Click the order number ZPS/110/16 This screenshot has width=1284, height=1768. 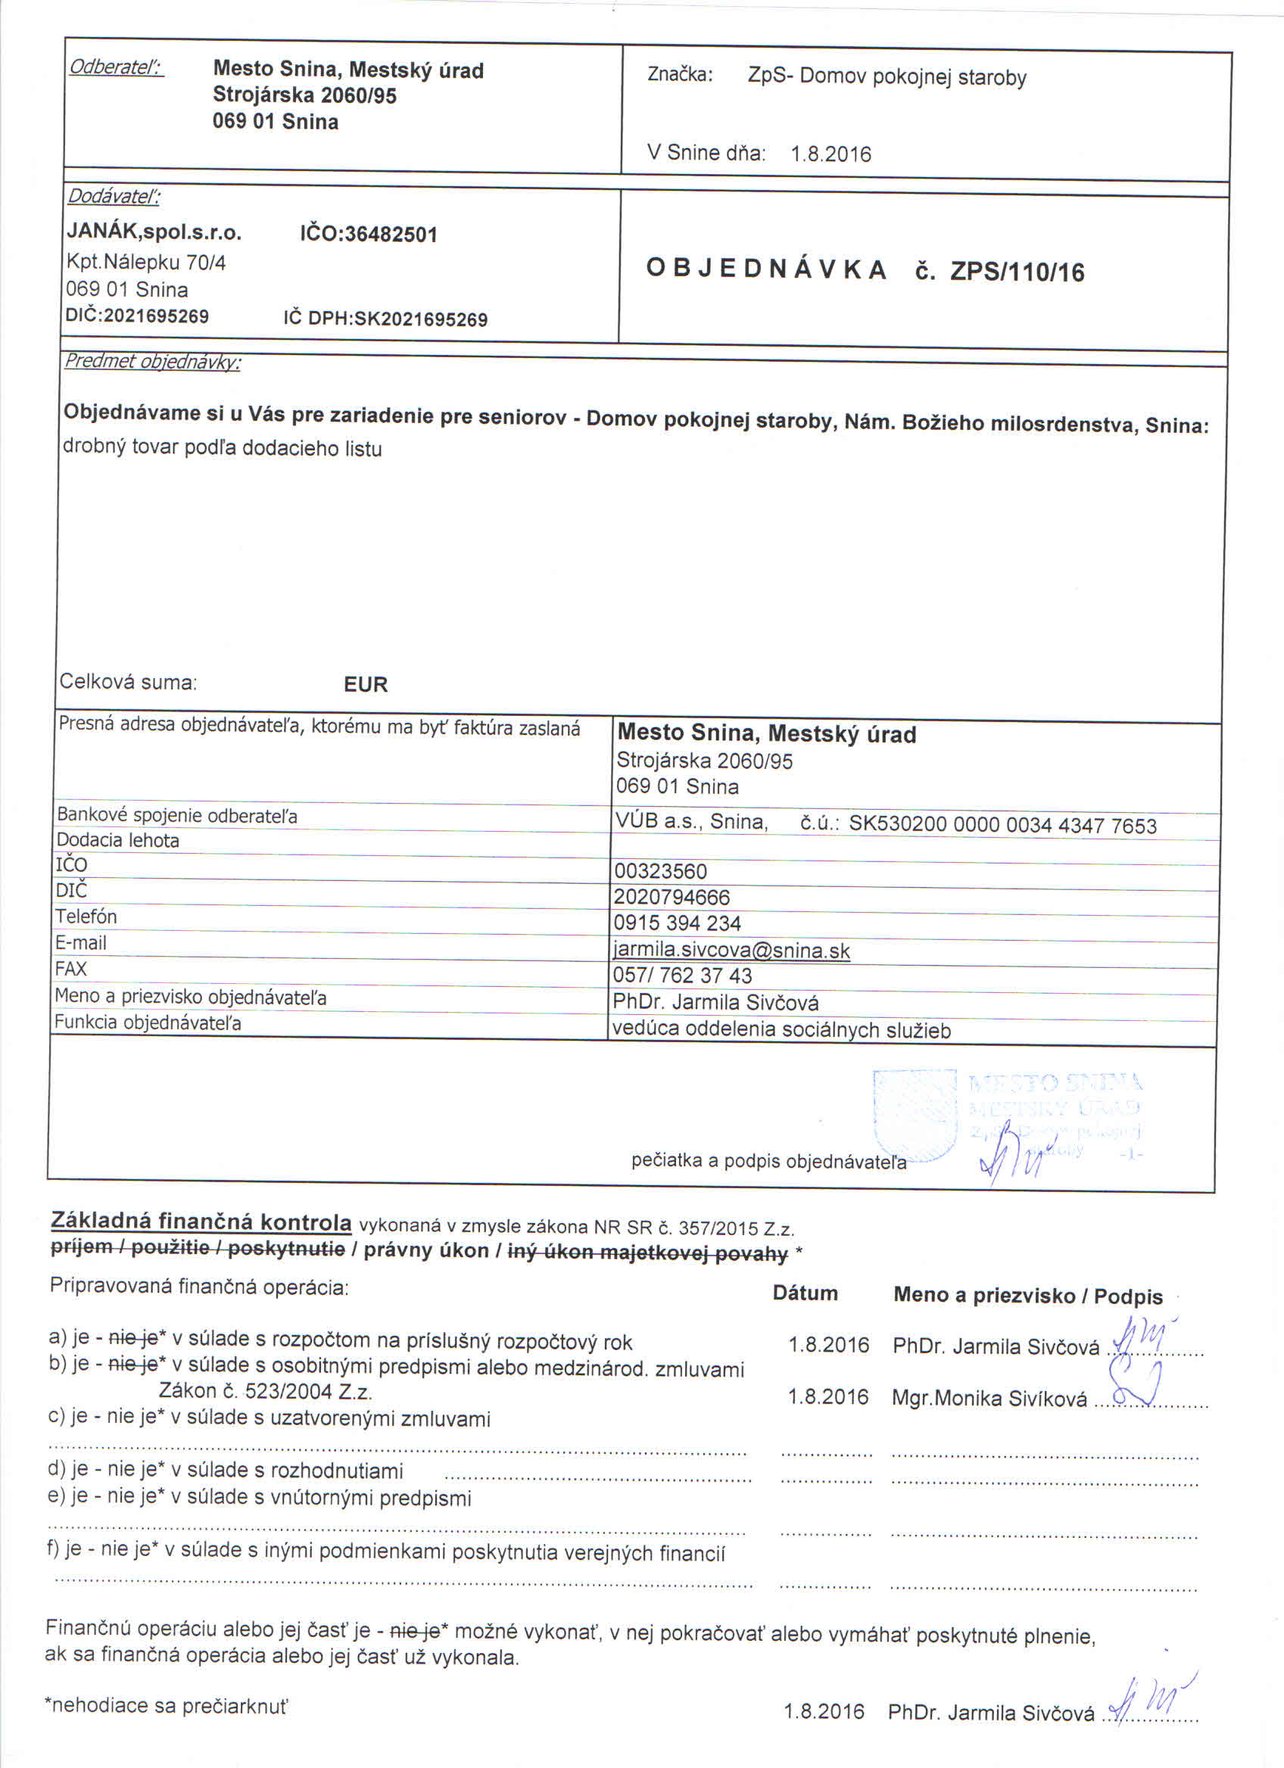click(x=1017, y=272)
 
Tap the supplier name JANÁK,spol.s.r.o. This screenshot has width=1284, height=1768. click(x=154, y=232)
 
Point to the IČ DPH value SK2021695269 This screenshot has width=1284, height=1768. click(x=420, y=319)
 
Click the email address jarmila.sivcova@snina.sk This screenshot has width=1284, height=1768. click(x=731, y=951)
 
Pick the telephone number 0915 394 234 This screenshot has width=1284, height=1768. click(x=677, y=923)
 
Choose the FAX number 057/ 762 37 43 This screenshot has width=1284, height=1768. click(x=682, y=976)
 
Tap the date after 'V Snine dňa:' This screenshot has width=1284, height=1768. click(x=831, y=154)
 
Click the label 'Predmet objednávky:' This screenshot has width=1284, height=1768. click(x=152, y=361)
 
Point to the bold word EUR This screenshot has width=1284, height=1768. click(x=365, y=683)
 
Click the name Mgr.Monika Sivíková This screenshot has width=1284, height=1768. click(x=989, y=1399)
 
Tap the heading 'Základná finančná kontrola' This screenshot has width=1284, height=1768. click(x=201, y=1221)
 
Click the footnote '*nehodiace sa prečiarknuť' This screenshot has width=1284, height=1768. click(x=166, y=1705)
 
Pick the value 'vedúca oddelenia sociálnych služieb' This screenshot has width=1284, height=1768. click(x=781, y=1030)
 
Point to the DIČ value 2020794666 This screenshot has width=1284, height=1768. click(x=672, y=898)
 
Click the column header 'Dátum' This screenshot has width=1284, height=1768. click(x=805, y=1293)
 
